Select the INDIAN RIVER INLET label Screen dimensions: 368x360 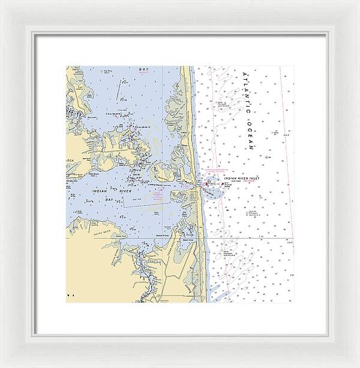click(240, 179)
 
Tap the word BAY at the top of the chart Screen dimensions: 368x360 click(143, 70)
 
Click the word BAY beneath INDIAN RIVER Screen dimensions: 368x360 click(109, 198)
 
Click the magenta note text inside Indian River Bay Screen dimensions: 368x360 click(157, 195)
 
